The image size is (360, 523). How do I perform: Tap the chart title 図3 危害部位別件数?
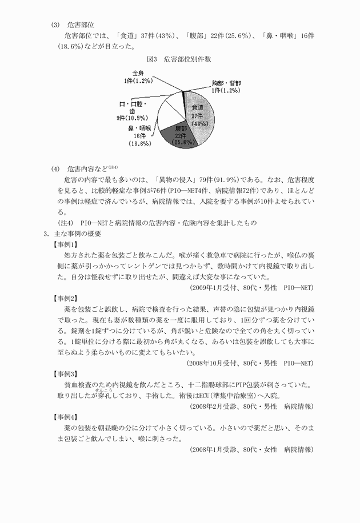(179, 59)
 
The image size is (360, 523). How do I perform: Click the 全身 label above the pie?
(138, 77)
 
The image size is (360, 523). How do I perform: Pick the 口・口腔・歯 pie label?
(132, 111)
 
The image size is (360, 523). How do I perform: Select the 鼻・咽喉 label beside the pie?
(140, 136)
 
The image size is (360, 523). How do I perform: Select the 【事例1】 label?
(65, 244)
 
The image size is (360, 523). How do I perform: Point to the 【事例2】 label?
(65, 298)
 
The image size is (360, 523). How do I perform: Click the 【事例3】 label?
(65, 373)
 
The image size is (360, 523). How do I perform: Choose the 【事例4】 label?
(65, 417)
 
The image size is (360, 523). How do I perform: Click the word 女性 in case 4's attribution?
(268, 450)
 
